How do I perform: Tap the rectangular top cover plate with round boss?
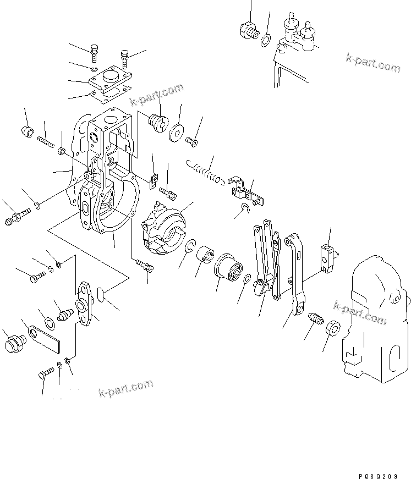[x=111, y=78]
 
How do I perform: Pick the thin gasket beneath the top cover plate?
[x=110, y=96]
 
